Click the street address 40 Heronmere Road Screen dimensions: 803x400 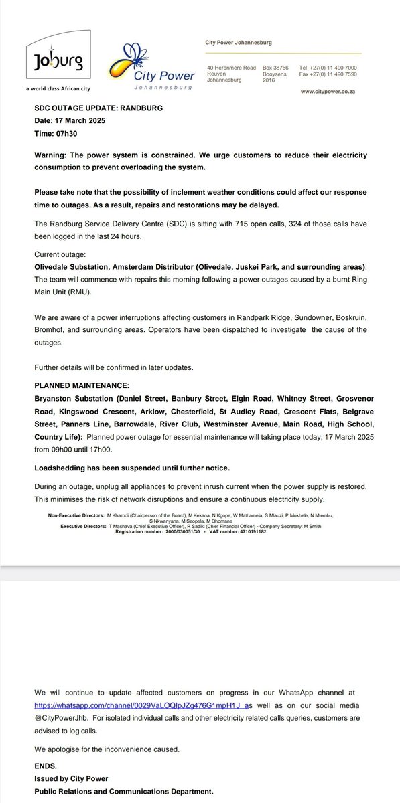pyautogui.click(x=232, y=68)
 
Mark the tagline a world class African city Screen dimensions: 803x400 pyautogui.click(x=58, y=89)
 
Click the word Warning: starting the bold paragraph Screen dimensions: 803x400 pyautogui.click(x=53, y=155)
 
